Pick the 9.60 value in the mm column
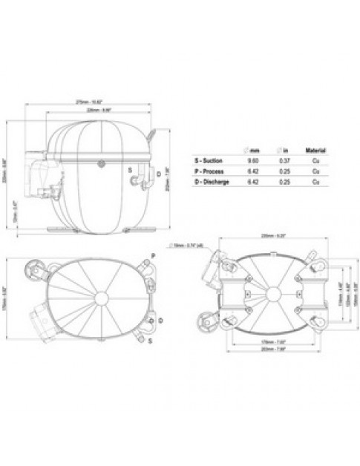[x=254, y=160]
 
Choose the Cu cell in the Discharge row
[x=316, y=183]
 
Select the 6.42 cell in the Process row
[x=254, y=171]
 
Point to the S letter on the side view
[x=131, y=169]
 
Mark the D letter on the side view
[x=159, y=173]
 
